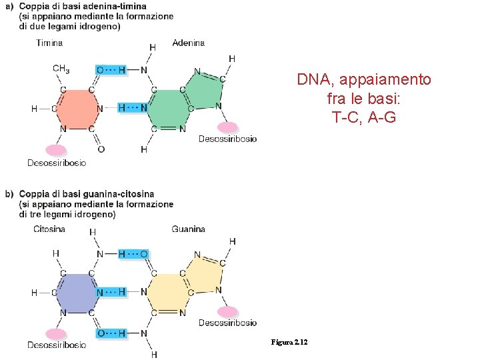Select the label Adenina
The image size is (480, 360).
[x=189, y=43]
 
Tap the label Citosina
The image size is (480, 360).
[x=49, y=229]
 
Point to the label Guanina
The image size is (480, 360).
[x=189, y=229]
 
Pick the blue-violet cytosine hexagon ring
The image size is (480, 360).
[x=78, y=292]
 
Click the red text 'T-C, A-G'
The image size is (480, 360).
[x=364, y=117]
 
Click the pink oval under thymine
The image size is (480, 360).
[x=56, y=151]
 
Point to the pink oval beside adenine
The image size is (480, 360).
[x=227, y=127]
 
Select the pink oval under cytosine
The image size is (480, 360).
[x=56, y=334]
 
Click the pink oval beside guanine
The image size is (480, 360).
[x=227, y=311]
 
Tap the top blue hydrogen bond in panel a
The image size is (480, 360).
[x=112, y=69]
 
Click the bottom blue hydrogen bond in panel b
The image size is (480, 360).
[x=112, y=333]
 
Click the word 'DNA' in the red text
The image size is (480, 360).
[x=314, y=81]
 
